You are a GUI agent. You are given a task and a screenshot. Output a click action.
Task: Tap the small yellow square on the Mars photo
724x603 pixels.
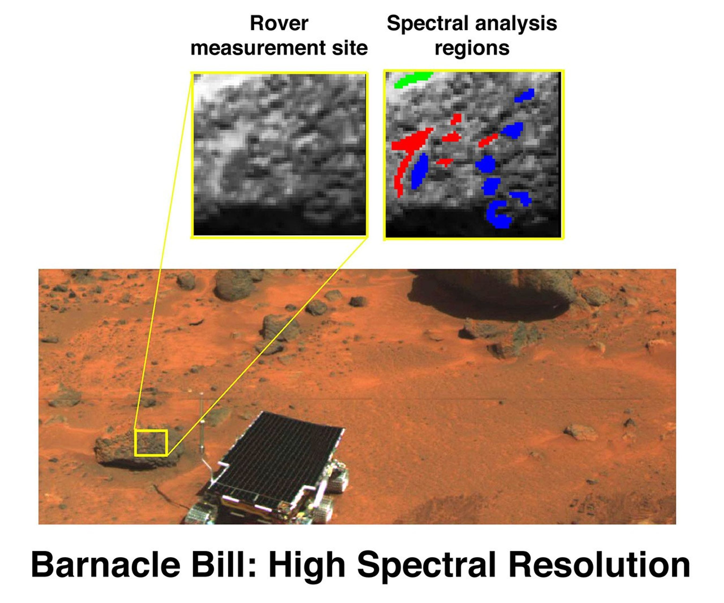click(151, 443)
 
